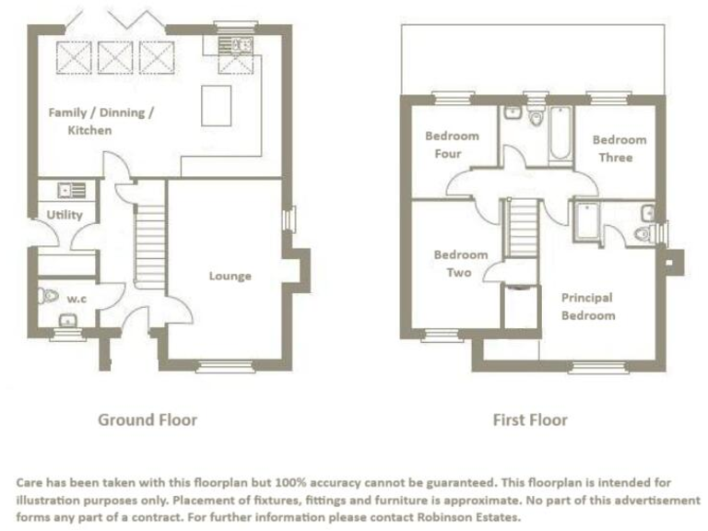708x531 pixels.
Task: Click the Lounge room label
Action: pos(230,276)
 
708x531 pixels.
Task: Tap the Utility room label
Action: pos(65,215)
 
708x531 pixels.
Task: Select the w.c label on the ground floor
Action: pos(76,298)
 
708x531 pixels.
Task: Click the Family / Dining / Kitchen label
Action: pos(101,121)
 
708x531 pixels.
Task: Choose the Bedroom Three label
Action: pos(619,148)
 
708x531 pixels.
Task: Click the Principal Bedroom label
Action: pos(588,306)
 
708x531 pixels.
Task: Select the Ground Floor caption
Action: pos(147,419)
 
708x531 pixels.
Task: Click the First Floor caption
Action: pos(530,420)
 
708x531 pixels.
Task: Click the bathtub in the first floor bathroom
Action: pos(560,136)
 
